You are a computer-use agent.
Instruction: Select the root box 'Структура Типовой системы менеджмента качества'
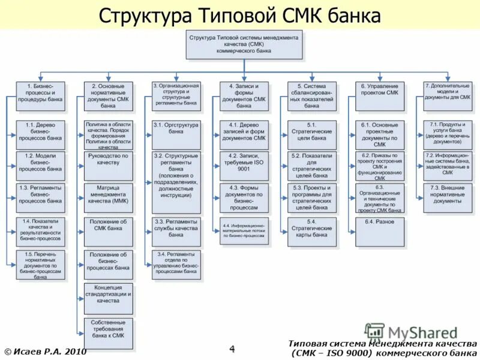point(244,44)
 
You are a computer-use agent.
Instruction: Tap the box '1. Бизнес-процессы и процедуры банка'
point(41,97)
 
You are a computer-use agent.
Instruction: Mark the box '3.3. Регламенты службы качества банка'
point(176,232)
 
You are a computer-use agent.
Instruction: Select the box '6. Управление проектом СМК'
point(380,97)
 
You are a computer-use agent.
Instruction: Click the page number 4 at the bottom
point(232,349)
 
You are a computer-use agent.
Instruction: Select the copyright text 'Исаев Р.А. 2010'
point(45,351)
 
